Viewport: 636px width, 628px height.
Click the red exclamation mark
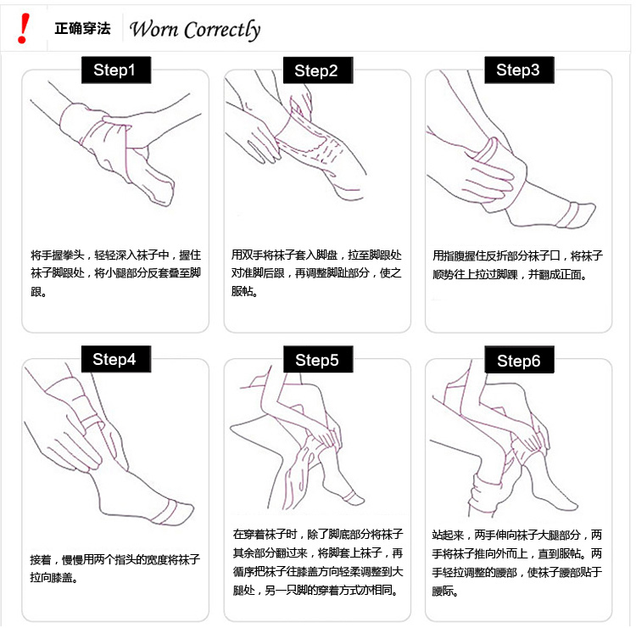pos(24,28)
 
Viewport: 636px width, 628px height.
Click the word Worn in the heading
pos(153,29)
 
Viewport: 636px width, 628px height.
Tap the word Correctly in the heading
pos(222,31)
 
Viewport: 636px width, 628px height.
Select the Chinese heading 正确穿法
pos(83,28)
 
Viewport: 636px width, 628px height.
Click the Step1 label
pos(116,70)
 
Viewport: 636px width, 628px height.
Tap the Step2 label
pos(318,70)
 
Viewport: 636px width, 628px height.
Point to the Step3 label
pos(519,70)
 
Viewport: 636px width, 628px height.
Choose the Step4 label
pos(116,359)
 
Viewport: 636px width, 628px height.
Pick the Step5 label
pos(318,359)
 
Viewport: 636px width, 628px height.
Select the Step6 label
pos(519,360)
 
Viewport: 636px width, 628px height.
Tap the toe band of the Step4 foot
pos(169,513)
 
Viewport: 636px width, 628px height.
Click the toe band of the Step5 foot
pos(350,496)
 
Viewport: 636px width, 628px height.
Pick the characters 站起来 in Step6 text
pos(448,535)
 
